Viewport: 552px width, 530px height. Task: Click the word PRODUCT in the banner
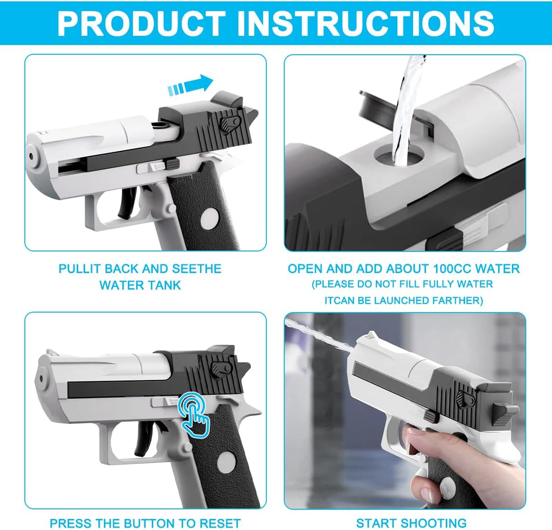click(x=142, y=23)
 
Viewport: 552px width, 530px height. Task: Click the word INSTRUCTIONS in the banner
click(x=366, y=23)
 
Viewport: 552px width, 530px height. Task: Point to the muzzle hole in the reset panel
click(x=42, y=379)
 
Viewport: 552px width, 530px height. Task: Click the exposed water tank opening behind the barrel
click(x=159, y=125)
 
